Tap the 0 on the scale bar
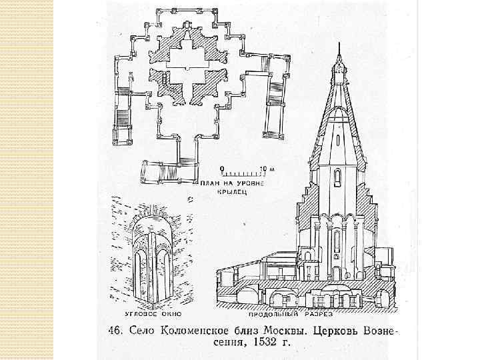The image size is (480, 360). tap(223, 167)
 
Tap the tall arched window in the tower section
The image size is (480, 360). tap(337, 178)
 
